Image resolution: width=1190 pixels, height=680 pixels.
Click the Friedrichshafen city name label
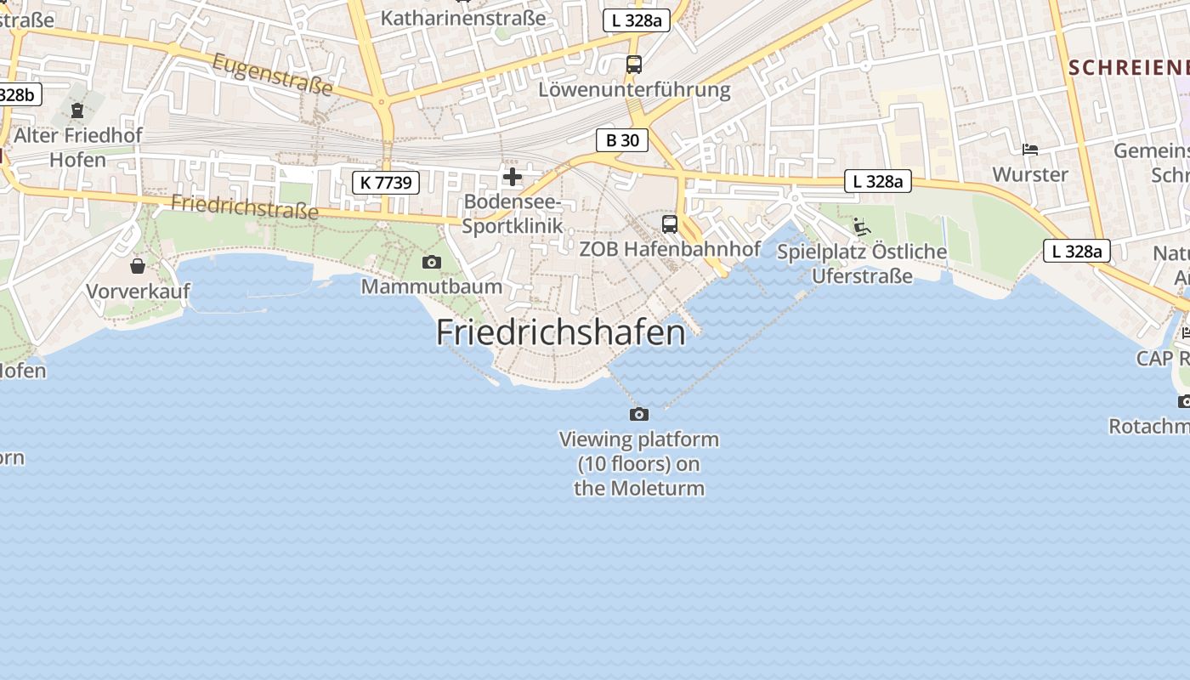click(560, 332)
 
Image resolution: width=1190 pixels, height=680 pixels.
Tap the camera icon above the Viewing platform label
click(639, 414)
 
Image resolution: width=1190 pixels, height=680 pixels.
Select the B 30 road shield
click(622, 140)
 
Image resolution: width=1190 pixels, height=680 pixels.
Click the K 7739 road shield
click(386, 182)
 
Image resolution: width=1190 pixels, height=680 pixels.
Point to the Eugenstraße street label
click(272, 74)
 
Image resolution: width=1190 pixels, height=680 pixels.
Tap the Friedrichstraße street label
click(245, 206)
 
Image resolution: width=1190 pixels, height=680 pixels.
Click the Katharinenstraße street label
click(463, 17)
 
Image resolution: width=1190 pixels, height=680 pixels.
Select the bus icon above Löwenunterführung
click(634, 64)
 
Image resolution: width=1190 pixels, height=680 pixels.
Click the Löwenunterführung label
click(634, 89)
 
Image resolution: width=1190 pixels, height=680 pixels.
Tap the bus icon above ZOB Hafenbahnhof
click(670, 224)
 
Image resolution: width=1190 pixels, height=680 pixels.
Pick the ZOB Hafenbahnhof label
click(670, 249)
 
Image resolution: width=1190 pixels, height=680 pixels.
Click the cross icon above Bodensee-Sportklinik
click(513, 177)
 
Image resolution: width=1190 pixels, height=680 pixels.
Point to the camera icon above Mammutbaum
click(432, 262)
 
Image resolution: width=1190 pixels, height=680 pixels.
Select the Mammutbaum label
click(432, 286)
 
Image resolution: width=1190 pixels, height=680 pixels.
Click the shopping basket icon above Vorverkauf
click(138, 266)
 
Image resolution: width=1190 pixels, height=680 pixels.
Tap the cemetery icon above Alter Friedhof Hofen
click(77, 110)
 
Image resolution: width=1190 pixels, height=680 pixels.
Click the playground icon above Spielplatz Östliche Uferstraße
click(862, 226)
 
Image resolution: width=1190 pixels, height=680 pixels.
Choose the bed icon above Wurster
click(1030, 150)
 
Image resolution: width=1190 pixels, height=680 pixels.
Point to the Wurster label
click(1030, 174)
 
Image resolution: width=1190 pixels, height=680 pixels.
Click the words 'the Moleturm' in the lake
click(639, 488)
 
